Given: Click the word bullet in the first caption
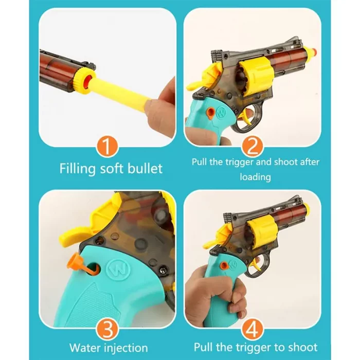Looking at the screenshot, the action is coord(145,168).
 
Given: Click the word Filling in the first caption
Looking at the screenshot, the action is coord(78,169).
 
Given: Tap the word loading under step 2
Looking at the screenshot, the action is coord(255,177).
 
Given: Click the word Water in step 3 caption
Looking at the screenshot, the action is coord(85,348).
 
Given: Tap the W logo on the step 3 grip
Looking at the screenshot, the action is coord(118,269).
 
